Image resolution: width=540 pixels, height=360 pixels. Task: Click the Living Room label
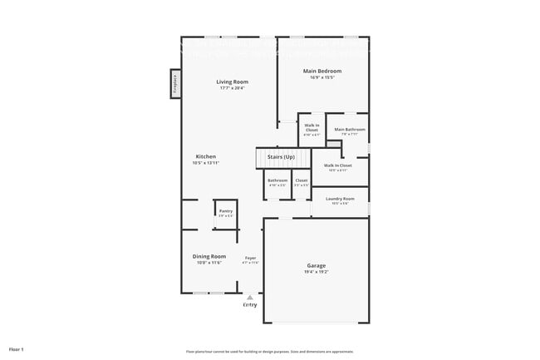click(233, 81)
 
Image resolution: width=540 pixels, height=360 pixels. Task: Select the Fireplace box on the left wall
click(176, 83)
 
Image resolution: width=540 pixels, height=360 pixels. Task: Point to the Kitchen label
click(206, 156)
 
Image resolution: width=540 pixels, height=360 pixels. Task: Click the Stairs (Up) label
click(281, 156)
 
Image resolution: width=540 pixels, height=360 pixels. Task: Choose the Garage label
click(317, 265)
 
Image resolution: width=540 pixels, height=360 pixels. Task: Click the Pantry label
click(226, 211)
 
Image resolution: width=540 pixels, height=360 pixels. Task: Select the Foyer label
click(250, 257)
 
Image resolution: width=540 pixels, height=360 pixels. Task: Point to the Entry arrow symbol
click(250, 296)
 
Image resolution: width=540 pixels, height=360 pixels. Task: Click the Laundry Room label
click(340, 199)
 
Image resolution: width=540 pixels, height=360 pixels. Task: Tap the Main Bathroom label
click(350, 129)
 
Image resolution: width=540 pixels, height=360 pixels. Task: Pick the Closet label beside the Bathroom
click(301, 180)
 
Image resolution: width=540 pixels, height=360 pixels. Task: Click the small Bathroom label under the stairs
click(277, 180)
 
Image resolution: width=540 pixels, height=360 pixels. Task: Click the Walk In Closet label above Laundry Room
click(337, 165)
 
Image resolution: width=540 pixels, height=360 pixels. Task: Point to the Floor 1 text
click(17, 349)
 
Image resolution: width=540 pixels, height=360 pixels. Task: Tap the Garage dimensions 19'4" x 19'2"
click(317, 272)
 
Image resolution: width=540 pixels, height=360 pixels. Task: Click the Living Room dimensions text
click(233, 88)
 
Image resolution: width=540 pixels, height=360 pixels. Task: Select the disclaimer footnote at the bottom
click(269, 351)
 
